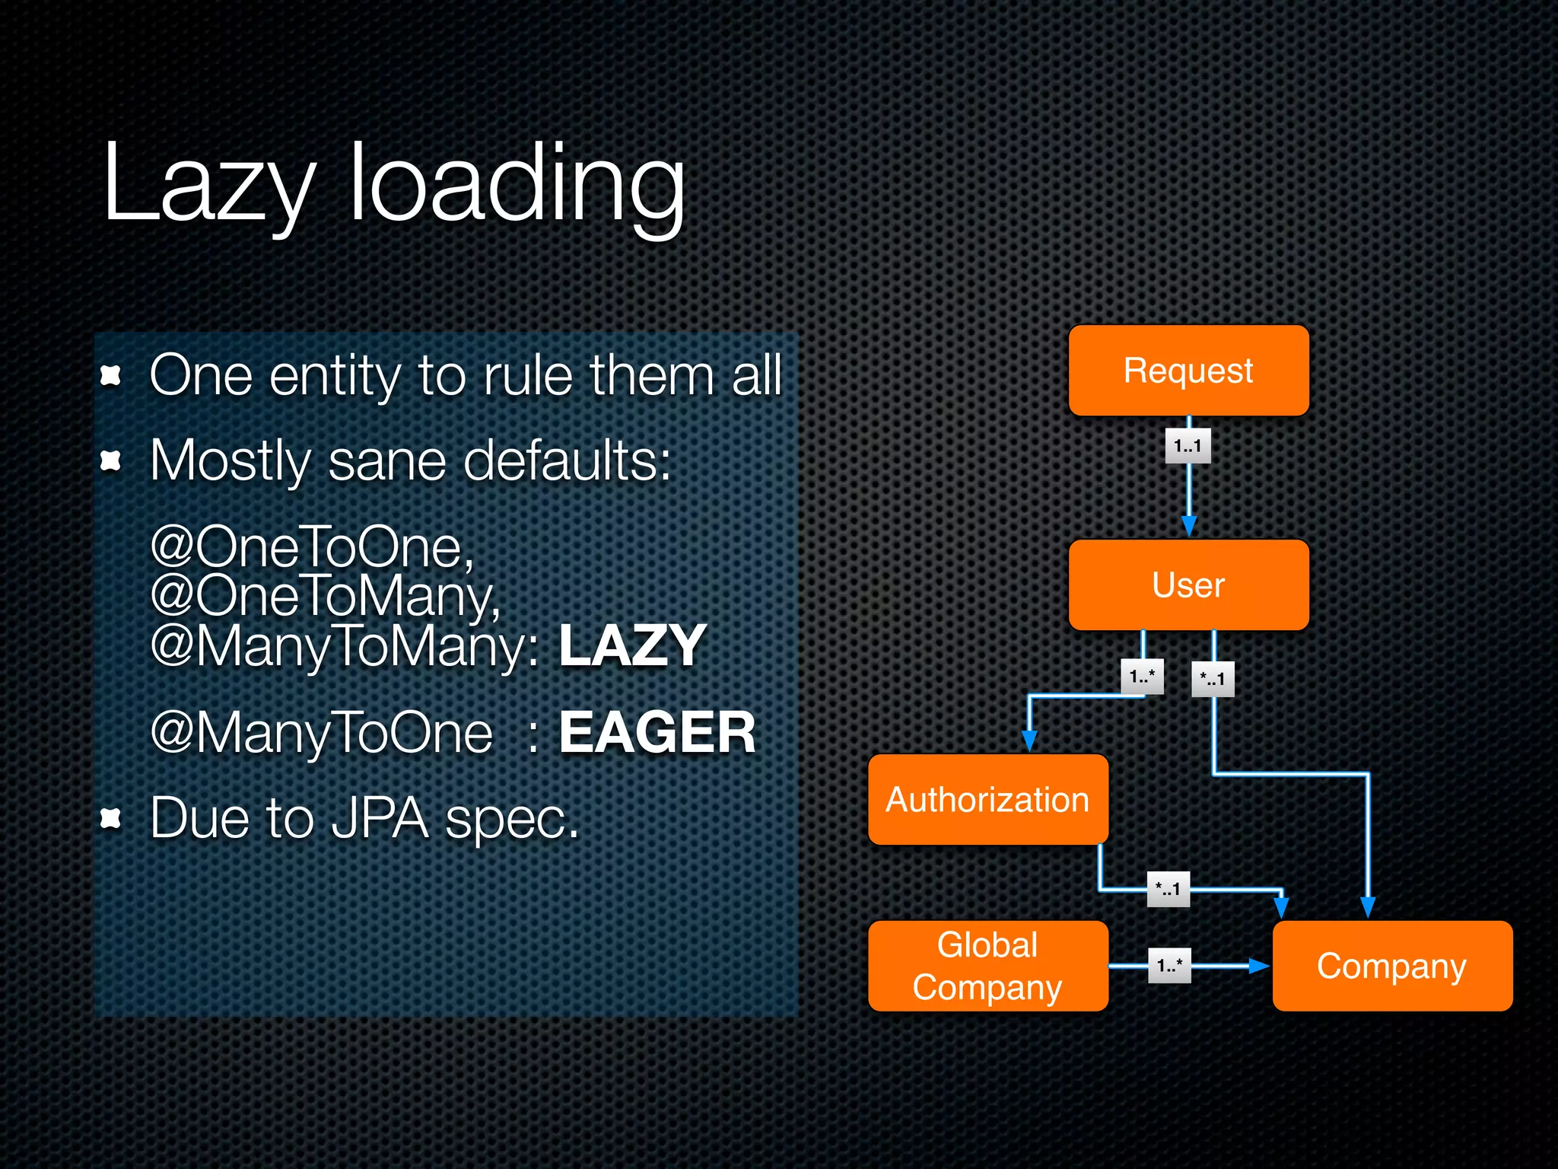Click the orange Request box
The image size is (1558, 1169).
pyautogui.click(x=1188, y=371)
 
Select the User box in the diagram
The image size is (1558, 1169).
pyautogui.click(x=1188, y=585)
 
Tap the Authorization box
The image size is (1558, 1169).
pyautogui.click(x=987, y=800)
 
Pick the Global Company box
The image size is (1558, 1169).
pyautogui.click(x=987, y=966)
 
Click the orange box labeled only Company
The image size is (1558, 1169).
pyautogui.click(x=1392, y=966)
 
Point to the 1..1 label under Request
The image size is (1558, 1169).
pyautogui.click(x=1188, y=446)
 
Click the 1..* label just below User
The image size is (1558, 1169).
pyautogui.click(x=1142, y=677)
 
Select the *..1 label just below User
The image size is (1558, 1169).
pyautogui.click(x=1213, y=679)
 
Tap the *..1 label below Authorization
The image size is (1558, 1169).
pyautogui.click(x=1168, y=889)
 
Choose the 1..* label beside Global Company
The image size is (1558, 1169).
pyautogui.click(x=1169, y=966)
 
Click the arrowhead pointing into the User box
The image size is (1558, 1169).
pyautogui.click(x=1189, y=526)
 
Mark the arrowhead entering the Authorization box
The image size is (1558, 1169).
pyautogui.click(x=1029, y=741)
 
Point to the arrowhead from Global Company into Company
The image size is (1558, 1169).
pyautogui.click(x=1259, y=966)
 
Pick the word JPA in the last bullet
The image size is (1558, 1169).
pyautogui.click(x=380, y=819)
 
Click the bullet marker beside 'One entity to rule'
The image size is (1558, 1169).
pyautogui.click(x=111, y=375)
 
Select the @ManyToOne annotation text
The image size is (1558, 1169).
pyautogui.click(x=322, y=732)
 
